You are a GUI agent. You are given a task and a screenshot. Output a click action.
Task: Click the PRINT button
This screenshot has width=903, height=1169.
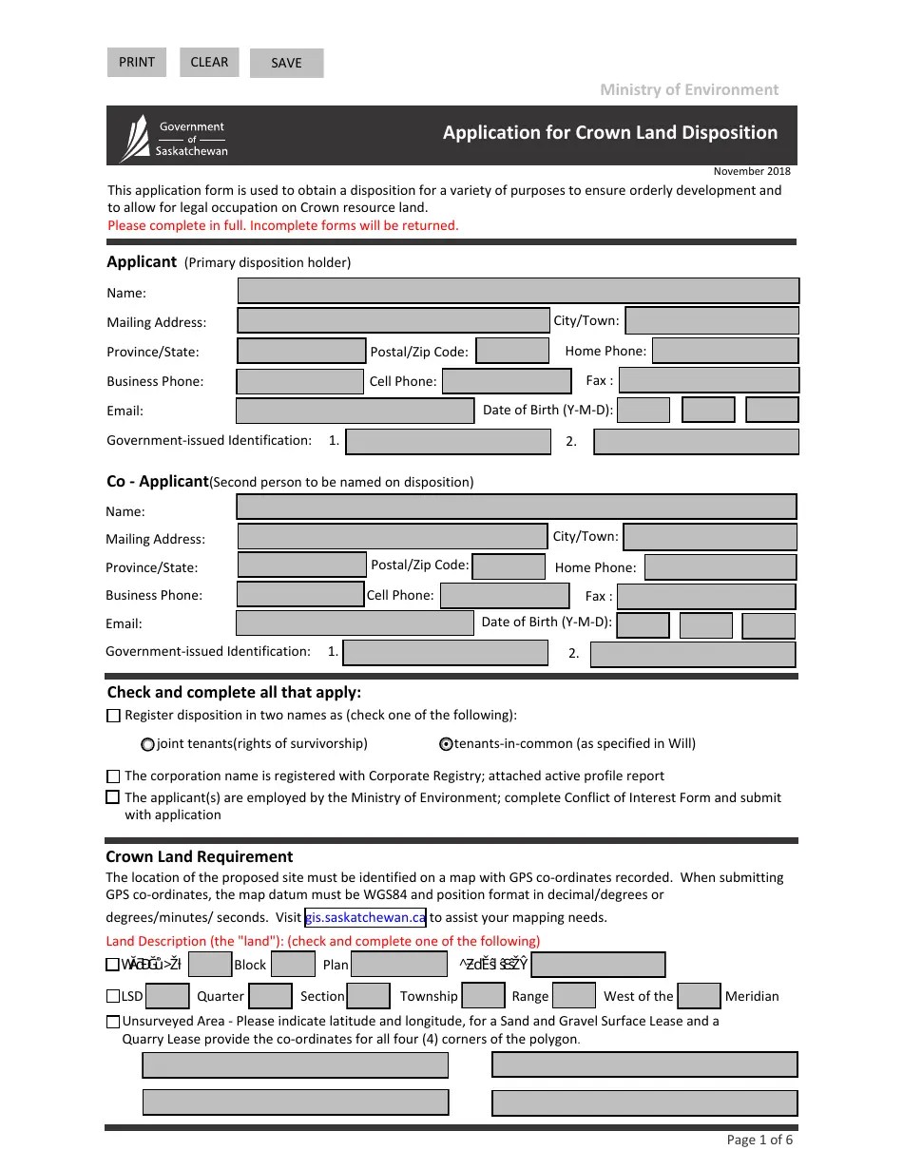[x=137, y=63]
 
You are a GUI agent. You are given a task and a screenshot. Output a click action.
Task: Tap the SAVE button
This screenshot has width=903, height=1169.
[x=286, y=64]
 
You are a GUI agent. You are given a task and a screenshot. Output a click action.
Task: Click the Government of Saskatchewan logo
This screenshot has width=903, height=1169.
[x=174, y=138]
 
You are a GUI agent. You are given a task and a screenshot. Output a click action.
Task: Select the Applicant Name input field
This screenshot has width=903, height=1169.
[x=518, y=291]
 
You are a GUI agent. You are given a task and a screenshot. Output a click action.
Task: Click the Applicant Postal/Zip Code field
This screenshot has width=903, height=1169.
[x=512, y=351]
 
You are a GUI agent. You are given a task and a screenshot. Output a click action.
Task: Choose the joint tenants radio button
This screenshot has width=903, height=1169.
[x=147, y=744]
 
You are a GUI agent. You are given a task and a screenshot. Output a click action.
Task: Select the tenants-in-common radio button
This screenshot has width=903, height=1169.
[x=446, y=744]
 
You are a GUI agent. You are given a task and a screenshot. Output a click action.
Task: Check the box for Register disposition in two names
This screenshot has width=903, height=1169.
[x=114, y=716]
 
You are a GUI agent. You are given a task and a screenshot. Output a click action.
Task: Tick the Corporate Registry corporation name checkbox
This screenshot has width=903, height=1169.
[x=114, y=776]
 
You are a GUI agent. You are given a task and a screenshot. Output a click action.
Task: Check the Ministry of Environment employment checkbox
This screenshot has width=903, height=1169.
[x=113, y=797]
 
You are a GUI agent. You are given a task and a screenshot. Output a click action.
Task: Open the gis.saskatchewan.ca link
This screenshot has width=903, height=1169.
[x=365, y=917]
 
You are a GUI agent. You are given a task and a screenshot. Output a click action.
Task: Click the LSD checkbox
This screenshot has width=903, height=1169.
[x=113, y=996]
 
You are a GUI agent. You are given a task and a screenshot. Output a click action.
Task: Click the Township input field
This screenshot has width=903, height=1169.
[x=483, y=996]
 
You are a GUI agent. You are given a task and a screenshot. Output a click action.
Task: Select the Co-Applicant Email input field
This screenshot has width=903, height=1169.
[x=354, y=623]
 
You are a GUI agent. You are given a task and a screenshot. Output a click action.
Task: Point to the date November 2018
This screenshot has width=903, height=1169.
[x=752, y=171]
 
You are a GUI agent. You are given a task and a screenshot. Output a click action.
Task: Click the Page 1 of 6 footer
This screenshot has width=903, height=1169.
[x=759, y=1140]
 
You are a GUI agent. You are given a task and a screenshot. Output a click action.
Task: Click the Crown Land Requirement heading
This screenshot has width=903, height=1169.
[x=200, y=856]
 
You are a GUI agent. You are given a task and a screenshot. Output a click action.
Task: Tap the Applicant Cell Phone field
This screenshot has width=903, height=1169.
[x=506, y=381]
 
